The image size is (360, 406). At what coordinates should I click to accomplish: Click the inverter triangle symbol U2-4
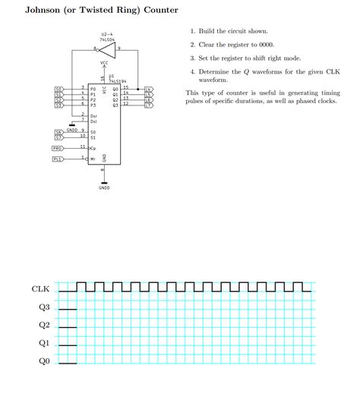tap(106, 49)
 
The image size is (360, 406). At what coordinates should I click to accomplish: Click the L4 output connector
tap(148, 89)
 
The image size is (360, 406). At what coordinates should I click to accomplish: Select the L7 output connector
tap(148, 105)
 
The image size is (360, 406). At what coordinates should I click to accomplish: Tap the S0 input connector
tap(58, 89)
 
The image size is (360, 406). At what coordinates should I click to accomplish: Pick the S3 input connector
tap(58, 105)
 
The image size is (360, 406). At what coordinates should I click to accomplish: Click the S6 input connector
tap(58, 132)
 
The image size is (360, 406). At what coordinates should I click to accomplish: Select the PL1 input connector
tap(58, 159)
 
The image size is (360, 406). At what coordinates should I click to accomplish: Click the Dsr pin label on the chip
tap(93, 115)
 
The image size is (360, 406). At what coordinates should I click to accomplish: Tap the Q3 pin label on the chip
tap(115, 105)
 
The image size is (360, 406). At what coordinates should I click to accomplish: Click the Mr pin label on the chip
tap(93, 159)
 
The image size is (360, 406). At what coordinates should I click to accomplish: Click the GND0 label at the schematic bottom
tap(104, 187)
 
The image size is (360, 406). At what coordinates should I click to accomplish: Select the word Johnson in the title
tap(50, 11)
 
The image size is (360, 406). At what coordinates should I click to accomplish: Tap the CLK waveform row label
tap(40, 289)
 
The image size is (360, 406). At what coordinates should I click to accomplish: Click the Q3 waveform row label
tap(44, 307)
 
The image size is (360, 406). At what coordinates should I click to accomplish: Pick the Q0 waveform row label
tap(44, 361)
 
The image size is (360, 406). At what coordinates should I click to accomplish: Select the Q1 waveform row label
tap(44, 343)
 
